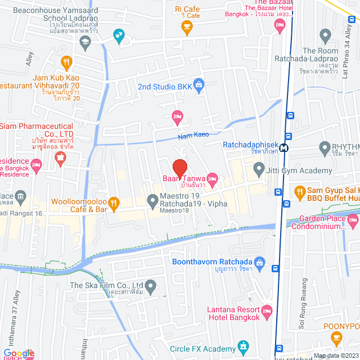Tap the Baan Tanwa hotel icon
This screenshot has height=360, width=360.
click(x=212, y=179)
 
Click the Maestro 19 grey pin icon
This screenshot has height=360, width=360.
click(x=152, y=200)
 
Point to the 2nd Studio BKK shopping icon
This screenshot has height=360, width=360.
click(x=198, y=85)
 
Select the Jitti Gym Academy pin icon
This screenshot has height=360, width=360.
click(x=259, y=168)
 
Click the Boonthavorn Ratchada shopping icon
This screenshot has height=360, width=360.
click(x=259, y=262)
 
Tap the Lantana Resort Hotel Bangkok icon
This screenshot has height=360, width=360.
click(x=267, y=310)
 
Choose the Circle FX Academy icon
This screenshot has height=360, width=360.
click(x=243, y=346)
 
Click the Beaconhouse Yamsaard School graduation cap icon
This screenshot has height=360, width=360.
click(x=84, y=41)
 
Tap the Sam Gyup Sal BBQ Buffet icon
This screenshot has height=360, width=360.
click(x=298, y=191)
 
